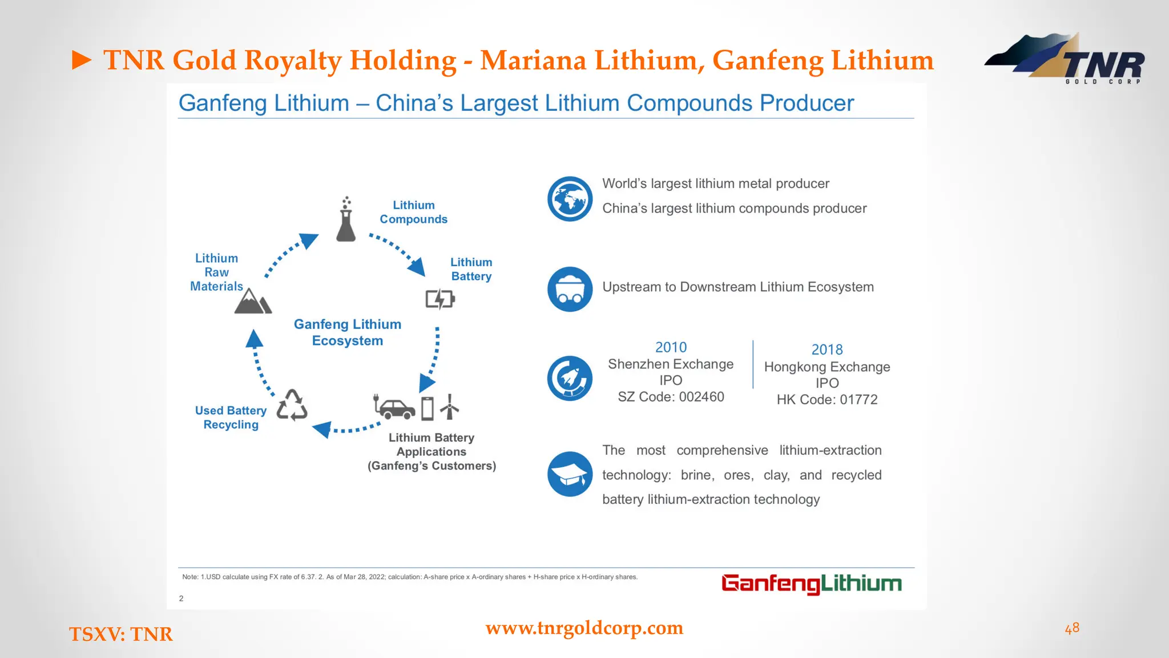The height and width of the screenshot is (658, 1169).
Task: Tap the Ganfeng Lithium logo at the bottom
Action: (811, 584)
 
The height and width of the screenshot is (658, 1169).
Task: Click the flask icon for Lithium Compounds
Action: (346, 220)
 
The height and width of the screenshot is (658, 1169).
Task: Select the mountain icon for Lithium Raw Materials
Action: (252, 301)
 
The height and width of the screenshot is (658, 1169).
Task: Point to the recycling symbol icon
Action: (292, 406)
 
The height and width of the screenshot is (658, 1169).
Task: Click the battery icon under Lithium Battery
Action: (440, 299)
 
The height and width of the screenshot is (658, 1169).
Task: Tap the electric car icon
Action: (395, 408)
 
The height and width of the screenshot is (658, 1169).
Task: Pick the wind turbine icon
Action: (450, 407)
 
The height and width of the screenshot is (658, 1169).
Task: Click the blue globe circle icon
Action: (570, 199)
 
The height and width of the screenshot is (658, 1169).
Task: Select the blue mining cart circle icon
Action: (570, 289)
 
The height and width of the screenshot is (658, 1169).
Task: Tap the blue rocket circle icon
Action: (570, 378)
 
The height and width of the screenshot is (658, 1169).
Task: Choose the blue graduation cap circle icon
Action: (570, 474)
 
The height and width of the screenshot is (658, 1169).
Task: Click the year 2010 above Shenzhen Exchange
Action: (671, 347)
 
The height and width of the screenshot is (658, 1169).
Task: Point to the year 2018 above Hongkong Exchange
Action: (827, 350)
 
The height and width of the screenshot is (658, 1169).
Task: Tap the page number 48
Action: (1072, 628)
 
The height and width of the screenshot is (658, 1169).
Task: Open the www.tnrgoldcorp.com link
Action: (584, 628)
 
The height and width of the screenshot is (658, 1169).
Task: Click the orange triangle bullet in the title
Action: (82, 60)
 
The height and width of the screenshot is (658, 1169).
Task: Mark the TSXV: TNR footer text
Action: (120, 634)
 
